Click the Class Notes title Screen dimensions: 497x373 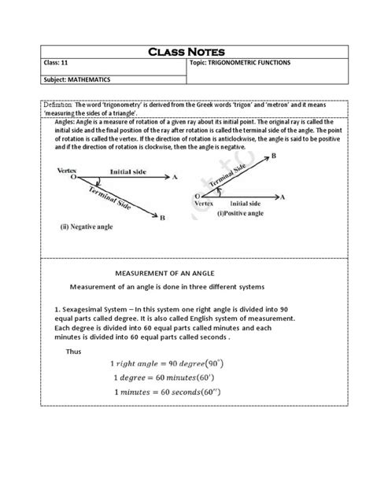[186, 53]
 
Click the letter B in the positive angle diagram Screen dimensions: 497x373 [273, 156]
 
